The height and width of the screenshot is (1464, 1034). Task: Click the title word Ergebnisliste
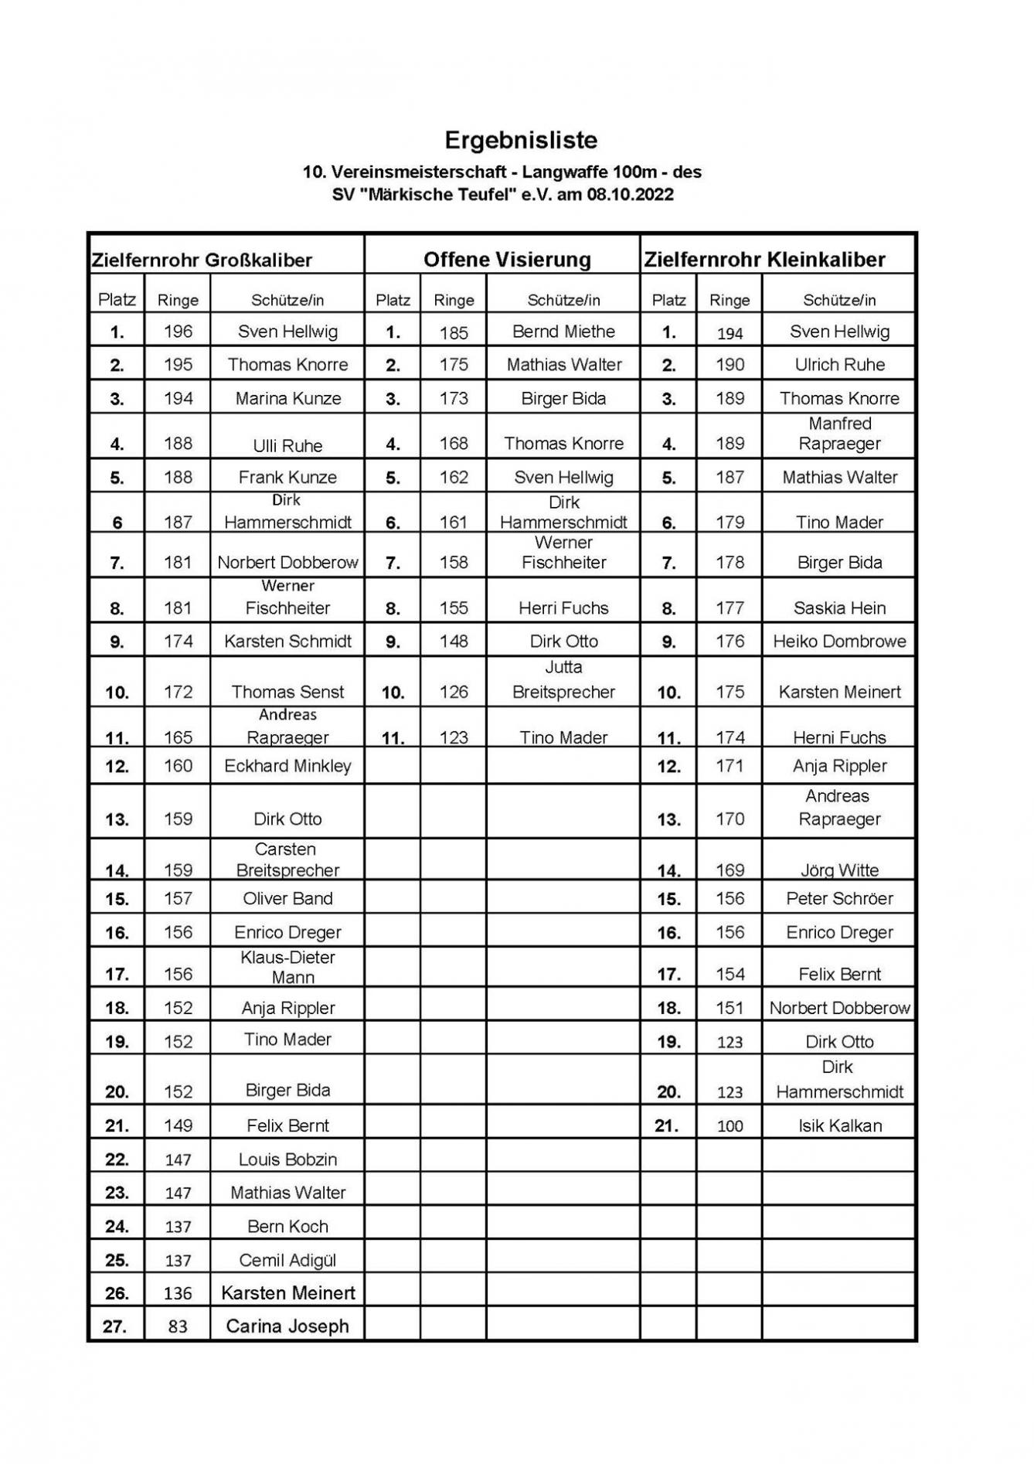521,140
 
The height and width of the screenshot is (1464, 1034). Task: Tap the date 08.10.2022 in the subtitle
630,195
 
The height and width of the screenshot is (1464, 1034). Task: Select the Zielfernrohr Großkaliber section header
202,260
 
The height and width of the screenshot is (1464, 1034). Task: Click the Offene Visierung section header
507,260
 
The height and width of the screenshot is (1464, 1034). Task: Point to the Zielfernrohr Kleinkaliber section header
764,260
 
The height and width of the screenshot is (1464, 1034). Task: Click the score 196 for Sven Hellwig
178,332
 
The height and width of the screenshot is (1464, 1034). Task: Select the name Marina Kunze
288,399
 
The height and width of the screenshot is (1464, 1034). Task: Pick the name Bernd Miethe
563,332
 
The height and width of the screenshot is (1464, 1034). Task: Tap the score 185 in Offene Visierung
454,333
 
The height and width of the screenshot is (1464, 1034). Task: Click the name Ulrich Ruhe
840,365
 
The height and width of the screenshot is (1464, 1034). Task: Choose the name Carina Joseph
287,1326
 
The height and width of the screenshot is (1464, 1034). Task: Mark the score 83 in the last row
178,1327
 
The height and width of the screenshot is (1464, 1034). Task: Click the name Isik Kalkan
840,1125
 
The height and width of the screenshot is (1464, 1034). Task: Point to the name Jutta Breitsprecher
563,680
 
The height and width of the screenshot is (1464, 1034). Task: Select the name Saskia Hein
840,608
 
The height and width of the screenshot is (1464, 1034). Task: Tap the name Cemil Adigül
287,1260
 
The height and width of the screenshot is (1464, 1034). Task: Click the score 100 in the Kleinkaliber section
730,1126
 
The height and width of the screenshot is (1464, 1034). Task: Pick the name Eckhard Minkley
287,766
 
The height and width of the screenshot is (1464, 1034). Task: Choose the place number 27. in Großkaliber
114,1327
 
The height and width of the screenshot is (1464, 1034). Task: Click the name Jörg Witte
840,870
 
